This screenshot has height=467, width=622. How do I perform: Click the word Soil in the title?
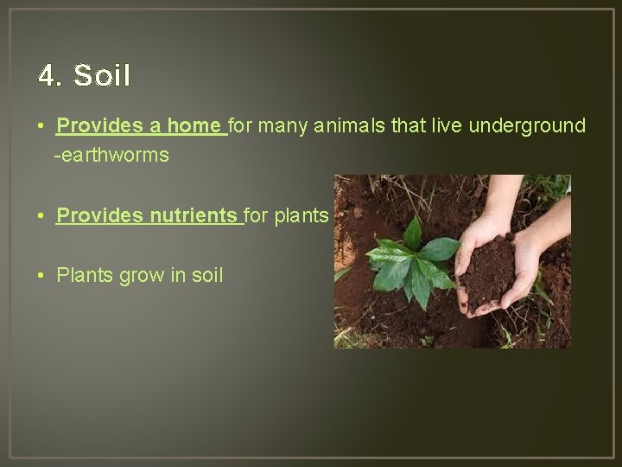click(102, 76)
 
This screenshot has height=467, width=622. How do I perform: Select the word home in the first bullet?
click(194, 126)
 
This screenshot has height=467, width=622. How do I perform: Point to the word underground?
click(527, 126)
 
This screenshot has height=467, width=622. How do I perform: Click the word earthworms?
click(114, 157)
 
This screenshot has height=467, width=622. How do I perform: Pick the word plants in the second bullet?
click(301, 216)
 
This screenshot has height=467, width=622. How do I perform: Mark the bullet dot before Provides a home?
click(42, 127)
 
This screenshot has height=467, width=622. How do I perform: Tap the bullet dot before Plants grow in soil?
click(42, 277)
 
